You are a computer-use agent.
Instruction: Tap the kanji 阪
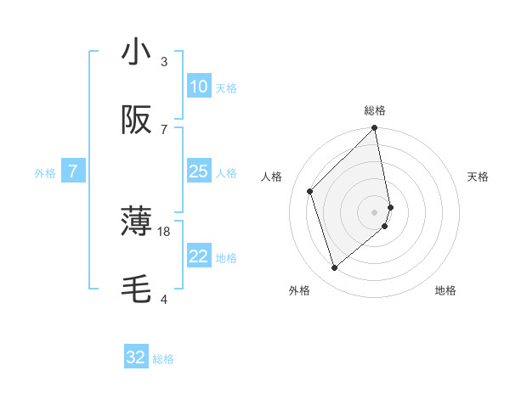pos(136,121)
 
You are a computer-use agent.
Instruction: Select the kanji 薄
pos(136,221)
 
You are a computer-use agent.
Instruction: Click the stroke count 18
pos(164,231)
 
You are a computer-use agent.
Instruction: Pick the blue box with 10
pos(198,87)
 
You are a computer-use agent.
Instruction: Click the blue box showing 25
pos(198,171)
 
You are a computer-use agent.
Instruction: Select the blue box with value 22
pos(198,256)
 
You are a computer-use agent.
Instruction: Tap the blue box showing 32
pos(136,357)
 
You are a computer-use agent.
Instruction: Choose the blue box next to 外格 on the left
pos(73,171)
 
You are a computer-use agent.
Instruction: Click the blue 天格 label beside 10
pos(226,87)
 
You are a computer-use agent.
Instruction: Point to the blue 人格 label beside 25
pos(226,172)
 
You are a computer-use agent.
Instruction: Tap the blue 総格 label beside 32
pos(163,358)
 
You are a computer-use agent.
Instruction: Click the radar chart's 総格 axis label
pos(375,110)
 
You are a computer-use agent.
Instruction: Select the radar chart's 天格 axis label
pos(479,177)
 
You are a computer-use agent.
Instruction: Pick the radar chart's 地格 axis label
pos(445,290)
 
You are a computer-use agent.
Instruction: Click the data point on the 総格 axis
pos(375,128)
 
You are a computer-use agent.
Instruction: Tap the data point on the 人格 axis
pos(310,191)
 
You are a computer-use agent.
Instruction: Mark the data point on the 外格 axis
pos(335,267)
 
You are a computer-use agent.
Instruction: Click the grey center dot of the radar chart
pos(375,211)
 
